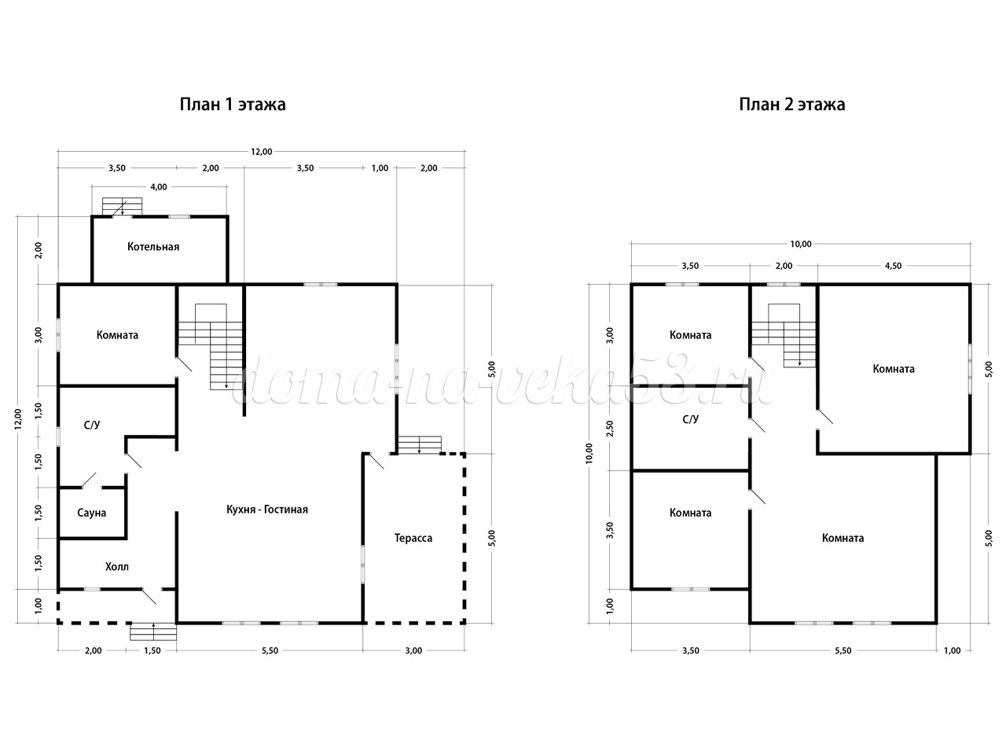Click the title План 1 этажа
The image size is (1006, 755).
pyautogui.click(x=233, y=105)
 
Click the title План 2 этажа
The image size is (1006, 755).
pyautogui.click(x=792, y=105)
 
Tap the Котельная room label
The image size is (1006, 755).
pyautogui.click(x=153, y=247)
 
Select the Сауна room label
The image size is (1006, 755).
pyautogui.click(x=92, y=513)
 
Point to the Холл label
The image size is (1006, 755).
pyautogui.click(x=117, y=566)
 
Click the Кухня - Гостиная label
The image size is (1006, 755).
pyautogui.click(x=267, y=510)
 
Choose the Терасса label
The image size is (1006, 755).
pyautogui.click(x=413, y=538)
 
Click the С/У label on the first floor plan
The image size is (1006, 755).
pyautogui.click(x=92, y=425)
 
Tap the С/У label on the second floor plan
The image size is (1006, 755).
pyautogui.click(x=691, y=419)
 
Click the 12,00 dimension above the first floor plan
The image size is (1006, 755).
pyautogui.click(x=261, y=152)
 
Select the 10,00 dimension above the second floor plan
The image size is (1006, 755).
pyautogui.click(x=801, y=244)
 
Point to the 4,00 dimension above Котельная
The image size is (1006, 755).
pyautogui.click(x=159, y=187)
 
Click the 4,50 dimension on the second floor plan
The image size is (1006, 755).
pyautogui.click(x=894, y=266)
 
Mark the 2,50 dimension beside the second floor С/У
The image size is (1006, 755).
pyautogui.click(x=610, y=428)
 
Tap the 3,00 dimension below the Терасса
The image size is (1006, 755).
pyautogui.click(x=413, y=650)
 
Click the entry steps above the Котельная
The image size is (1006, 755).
pyautogui.click(x=122, y=206)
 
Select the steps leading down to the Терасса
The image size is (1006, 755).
pyautogui.click(x=420, y=444)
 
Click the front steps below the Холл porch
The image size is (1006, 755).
pyautogui.click(x=153, y=632)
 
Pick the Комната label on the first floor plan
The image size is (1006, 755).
pyautogui.click(x=117, y=335)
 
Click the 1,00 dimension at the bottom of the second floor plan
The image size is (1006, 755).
pyautogui.click(x=953, y=650)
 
